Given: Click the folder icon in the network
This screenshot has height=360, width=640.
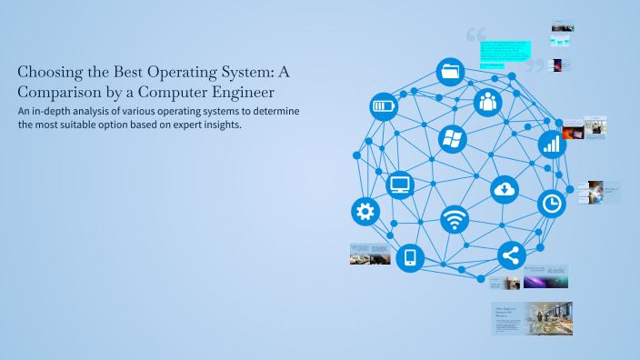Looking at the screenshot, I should (x=449, y=70).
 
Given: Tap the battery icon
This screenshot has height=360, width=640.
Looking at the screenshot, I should (x=384, y=106).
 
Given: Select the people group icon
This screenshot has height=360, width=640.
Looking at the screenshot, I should (x=488, y=100).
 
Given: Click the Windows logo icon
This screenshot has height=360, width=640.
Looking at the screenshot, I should (x=452, y=139).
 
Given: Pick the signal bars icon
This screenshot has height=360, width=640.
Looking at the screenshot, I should (x=551, y=143).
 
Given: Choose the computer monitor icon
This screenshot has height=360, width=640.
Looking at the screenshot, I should (x=400, y=185).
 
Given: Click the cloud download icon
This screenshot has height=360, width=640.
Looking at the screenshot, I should (x=505, y=189).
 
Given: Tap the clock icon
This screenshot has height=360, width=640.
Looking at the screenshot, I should (x=551, y=204).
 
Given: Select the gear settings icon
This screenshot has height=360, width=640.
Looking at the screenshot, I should (x=365, y=212).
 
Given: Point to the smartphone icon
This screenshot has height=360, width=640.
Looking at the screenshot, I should (x=409, y=257).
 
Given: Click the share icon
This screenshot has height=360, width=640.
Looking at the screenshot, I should (x=511, y=255).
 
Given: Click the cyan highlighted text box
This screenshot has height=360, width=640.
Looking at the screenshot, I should (x=504, y=53).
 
